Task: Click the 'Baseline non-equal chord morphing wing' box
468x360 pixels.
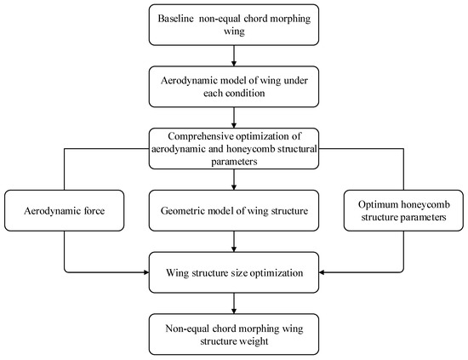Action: tap(234, 24)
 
